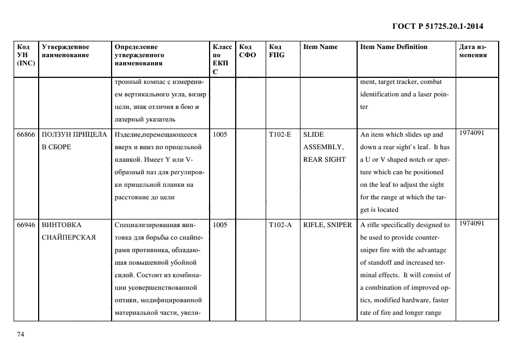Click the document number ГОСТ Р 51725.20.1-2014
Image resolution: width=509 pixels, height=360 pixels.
438,26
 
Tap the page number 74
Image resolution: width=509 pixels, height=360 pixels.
21,334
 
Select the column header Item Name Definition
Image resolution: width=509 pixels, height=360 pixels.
394,47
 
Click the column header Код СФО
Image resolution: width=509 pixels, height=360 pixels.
248,51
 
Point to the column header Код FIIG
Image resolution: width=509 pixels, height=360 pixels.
277,51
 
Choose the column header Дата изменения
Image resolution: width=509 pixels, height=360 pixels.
472,51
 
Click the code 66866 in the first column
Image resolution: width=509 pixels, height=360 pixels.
26,135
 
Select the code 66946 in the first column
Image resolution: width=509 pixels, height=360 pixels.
26,224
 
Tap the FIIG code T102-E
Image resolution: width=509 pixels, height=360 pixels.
280,135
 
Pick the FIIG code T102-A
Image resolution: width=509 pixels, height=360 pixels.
280,224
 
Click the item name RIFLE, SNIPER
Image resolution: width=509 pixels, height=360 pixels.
327,224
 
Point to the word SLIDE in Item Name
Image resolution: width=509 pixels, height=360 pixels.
313,135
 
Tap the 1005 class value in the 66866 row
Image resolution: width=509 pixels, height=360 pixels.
220,135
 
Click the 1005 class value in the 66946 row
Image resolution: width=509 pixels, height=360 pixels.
220,224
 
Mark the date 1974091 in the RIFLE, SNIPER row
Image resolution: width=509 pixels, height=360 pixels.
471,223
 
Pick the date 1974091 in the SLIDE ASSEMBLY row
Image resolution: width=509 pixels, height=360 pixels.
471,133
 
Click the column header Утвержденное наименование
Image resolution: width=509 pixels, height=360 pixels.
65,51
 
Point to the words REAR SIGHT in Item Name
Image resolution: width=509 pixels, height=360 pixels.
324,160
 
